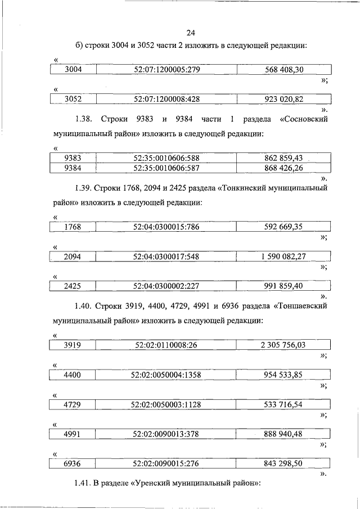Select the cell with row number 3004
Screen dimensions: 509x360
(x=73, y=70)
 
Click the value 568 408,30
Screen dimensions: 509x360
(x=283, y=70)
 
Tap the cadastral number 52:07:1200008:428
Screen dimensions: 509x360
(x=166, y=99)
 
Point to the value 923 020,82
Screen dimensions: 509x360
(x=283, y=99)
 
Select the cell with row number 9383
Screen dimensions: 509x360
(x=73, y=158)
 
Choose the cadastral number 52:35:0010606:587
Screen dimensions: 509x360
(x=166, y=168)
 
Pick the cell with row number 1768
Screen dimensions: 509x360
(x=73, y=227)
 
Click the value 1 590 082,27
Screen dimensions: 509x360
(x=283, y=256)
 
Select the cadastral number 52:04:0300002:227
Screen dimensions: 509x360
(x=166, y=286)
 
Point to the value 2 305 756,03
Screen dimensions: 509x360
(x=283, y=345)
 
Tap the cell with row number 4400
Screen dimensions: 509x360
(x=73, y=375)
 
